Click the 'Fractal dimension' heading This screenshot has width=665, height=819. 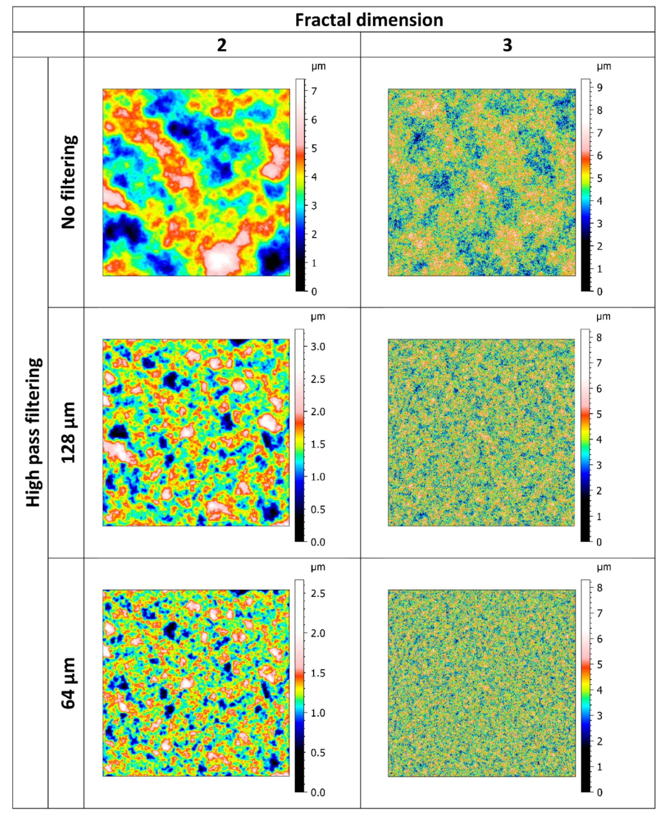(x=369, y=20)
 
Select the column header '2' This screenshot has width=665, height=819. (x=222, y=45)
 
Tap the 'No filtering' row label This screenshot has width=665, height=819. (x=69, y=182)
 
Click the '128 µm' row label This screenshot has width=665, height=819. (x=69, y=433)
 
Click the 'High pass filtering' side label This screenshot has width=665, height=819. (x=34, y=433)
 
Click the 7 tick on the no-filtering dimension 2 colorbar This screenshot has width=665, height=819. (x=314, y=91)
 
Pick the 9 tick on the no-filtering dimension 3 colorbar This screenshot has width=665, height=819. (x=599, y=88)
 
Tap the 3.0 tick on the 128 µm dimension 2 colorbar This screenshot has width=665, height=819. (x=318, y=347)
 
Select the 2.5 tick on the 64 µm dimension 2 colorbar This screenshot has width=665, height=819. (x=318, y=593)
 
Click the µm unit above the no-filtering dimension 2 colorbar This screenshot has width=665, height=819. (x=318, y=66)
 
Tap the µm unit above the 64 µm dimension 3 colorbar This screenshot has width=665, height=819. (x=604, y=567)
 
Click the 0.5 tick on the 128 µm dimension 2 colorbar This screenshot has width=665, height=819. (x=318, y=510)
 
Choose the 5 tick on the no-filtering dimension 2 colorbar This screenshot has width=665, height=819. (x=314, y=149)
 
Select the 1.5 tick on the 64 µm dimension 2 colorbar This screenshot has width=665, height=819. (x=318, y=673)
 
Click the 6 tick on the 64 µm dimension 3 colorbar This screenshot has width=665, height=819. (x=599, y=639)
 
